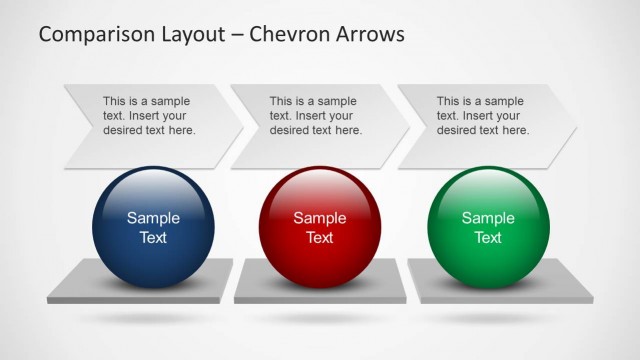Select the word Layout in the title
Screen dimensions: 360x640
[x=196, y=35]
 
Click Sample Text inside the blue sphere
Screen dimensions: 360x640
[x=153, y=228]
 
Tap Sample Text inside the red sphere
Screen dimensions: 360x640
[x=320, y=228]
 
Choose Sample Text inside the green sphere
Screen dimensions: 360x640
[x=488, y=228]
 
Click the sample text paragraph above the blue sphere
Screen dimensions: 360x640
[x=149, y=116]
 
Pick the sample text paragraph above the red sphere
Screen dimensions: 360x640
[x=316, y=116]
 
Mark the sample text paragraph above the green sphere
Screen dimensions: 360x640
[x=483, y=116]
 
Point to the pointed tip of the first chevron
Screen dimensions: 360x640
[x=242, y=125]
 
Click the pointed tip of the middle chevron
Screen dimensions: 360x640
[x=409, y=125]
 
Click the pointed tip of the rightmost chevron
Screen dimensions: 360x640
[x=576, y=125]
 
